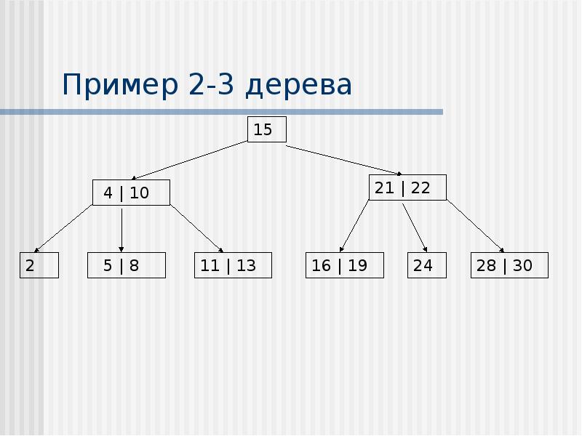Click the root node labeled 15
[267, 130]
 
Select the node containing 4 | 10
[131, 193]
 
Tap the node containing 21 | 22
[407, 187]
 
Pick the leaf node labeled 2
[39, 265]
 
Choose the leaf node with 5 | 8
[127, 265]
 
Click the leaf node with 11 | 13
[233, 265]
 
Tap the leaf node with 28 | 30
[509, 265]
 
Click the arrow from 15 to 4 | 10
[191, 160]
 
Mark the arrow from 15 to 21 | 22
[327, 158]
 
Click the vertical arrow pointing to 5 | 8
[121, 229]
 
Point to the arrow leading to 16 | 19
[355, 227]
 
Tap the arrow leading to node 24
[414, 227]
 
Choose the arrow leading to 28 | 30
[475, 227]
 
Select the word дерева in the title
[298, 86]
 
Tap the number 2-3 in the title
[212, 86]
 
